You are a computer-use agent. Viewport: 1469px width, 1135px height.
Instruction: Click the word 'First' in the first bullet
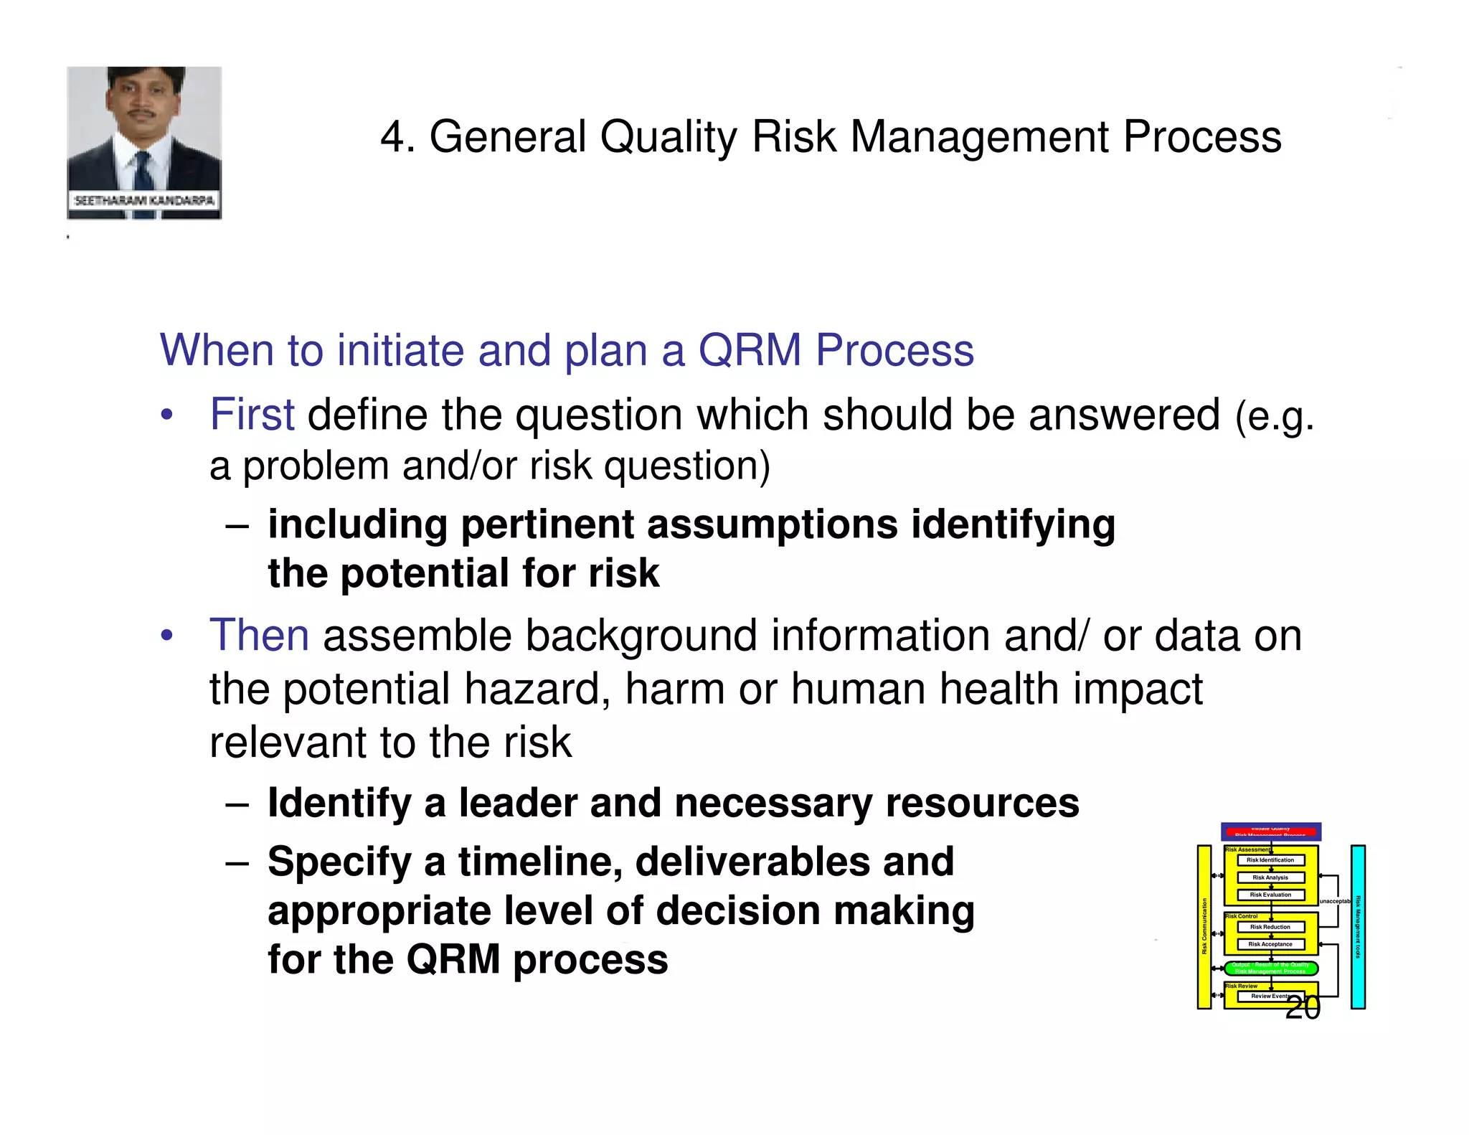point(251,415)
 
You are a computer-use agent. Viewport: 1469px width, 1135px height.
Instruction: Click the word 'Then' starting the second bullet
point(259,636)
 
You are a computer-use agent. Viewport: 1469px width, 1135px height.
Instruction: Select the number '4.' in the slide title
point(397,137)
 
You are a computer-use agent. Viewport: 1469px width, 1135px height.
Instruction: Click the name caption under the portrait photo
point(144,200)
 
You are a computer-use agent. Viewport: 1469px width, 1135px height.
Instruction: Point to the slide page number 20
point(1302,1007)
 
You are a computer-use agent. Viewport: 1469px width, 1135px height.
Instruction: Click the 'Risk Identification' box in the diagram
point(1270,860)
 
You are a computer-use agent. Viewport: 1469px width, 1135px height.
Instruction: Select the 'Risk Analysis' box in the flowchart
point(1270,877)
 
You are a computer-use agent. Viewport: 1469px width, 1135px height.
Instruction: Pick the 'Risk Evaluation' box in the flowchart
point(1270,895)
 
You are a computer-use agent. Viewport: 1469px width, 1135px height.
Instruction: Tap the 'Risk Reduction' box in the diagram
point(1270,927)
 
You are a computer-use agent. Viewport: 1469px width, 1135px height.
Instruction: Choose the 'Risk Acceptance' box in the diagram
point(1270,944)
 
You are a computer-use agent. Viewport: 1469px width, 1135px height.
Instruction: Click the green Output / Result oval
point(1270,968)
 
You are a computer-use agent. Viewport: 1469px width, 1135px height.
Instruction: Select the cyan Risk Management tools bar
point(1357,927)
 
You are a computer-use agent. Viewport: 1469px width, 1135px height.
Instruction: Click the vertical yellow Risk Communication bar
point(1204,927)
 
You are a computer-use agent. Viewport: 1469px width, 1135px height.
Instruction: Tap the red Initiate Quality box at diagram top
point(1270,832)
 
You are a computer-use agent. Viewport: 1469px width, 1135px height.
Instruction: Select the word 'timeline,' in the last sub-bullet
point(540,862)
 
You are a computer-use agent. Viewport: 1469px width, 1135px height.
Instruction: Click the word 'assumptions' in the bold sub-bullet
point(773,524)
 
